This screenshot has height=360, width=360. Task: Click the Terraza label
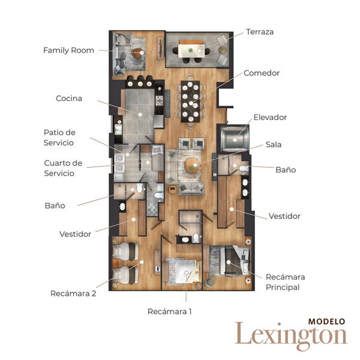pos(260,32)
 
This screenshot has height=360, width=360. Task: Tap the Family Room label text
pos(68,50)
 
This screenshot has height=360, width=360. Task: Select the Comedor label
pos(262,73)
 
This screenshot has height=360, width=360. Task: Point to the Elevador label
pos(270,118)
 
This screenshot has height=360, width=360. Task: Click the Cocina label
pos(69,98)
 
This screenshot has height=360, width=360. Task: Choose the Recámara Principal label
pos(286,282)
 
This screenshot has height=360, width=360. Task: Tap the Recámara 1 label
pos(169,311)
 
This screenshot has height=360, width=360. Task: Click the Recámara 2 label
pos(73,293)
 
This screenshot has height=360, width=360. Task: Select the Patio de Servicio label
pos(59,137)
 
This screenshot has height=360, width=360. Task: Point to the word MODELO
pos(326,322)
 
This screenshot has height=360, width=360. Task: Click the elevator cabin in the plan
pos(234,139)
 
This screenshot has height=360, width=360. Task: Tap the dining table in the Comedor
pos(190,101)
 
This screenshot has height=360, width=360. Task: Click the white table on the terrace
pos(191,51)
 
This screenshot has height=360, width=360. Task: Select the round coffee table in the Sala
pos(193,166)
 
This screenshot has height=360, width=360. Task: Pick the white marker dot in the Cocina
pos(140,115)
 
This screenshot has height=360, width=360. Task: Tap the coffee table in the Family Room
pos(138,54)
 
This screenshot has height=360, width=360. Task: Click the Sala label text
pos(274,145)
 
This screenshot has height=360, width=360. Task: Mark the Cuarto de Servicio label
pos(63,168)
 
